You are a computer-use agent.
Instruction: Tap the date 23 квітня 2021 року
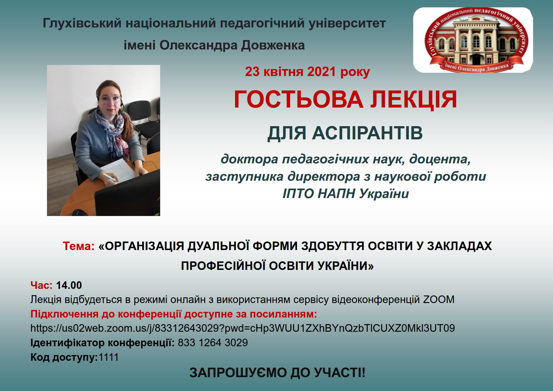coord(307,72)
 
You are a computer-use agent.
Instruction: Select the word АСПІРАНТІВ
coord(367,133)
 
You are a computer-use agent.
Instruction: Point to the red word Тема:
coord(79,246)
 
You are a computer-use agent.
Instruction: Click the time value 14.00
coord(69,285)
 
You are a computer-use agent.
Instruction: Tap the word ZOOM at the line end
coord(439,300)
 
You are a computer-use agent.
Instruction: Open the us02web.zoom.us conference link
coord(243,328)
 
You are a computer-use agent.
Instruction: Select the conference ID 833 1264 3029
coord(213,343)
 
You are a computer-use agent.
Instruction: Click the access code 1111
coord(108,357)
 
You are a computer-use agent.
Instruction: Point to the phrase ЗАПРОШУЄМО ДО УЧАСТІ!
coord(277,373)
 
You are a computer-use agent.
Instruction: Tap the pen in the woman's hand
coord(110,177)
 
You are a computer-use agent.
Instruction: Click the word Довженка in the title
coord(273,45)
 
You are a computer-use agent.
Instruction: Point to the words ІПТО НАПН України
coord(346,194)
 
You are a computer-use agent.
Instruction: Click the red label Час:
coord(42,285)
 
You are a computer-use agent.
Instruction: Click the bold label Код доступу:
coord(64,358)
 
